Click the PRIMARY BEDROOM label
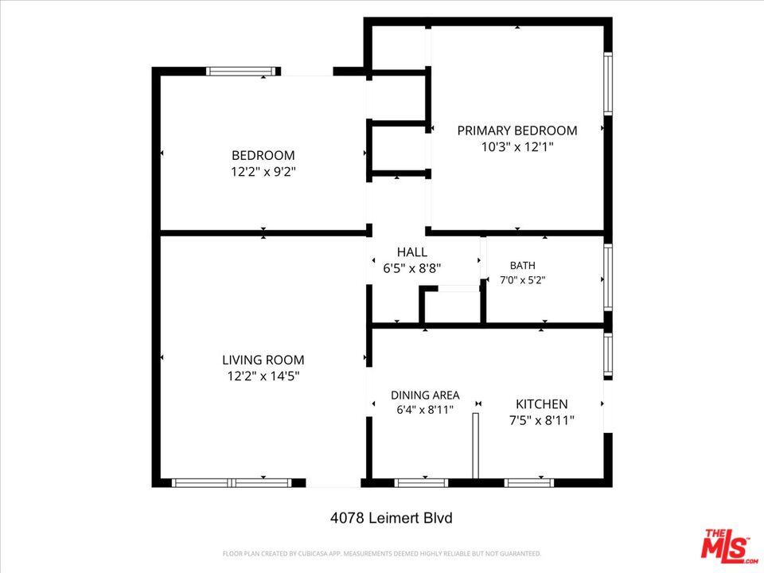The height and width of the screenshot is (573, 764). click(x=517, y=131)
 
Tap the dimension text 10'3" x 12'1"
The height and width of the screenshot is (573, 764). click(x=517, y=146)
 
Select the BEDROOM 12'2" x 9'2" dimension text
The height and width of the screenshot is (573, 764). click(x=263, y=172)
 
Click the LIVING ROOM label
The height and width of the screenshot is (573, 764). click(x=263, y=360)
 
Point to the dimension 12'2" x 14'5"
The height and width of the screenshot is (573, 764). click(x=263, y=376)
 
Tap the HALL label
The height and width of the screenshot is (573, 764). click(x=412, y=252)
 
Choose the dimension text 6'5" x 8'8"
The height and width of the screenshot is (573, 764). click(x=412, y=268)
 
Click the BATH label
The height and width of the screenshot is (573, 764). click(x=522, y=266)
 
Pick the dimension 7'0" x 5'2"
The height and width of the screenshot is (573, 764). click(x=522, y=280)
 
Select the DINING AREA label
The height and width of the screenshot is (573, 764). click(x=425, y=396)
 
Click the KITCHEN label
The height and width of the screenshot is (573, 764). click(x=542, y=404)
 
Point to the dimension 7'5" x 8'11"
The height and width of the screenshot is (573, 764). click(x=542, y=420)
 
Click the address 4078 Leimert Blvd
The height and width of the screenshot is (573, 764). click(x=392, y=517)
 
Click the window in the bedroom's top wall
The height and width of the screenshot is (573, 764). click(x=241, y=71)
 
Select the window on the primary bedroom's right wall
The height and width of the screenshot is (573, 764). click(x=608, y=84)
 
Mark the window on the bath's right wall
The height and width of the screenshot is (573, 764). click(x=608, y=277)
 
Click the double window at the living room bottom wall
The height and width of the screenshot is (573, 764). click(x=232, y=483)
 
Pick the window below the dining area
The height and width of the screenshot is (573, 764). click(x=421, y=483)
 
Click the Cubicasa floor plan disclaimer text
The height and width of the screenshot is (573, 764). click(x=382, y=554)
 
